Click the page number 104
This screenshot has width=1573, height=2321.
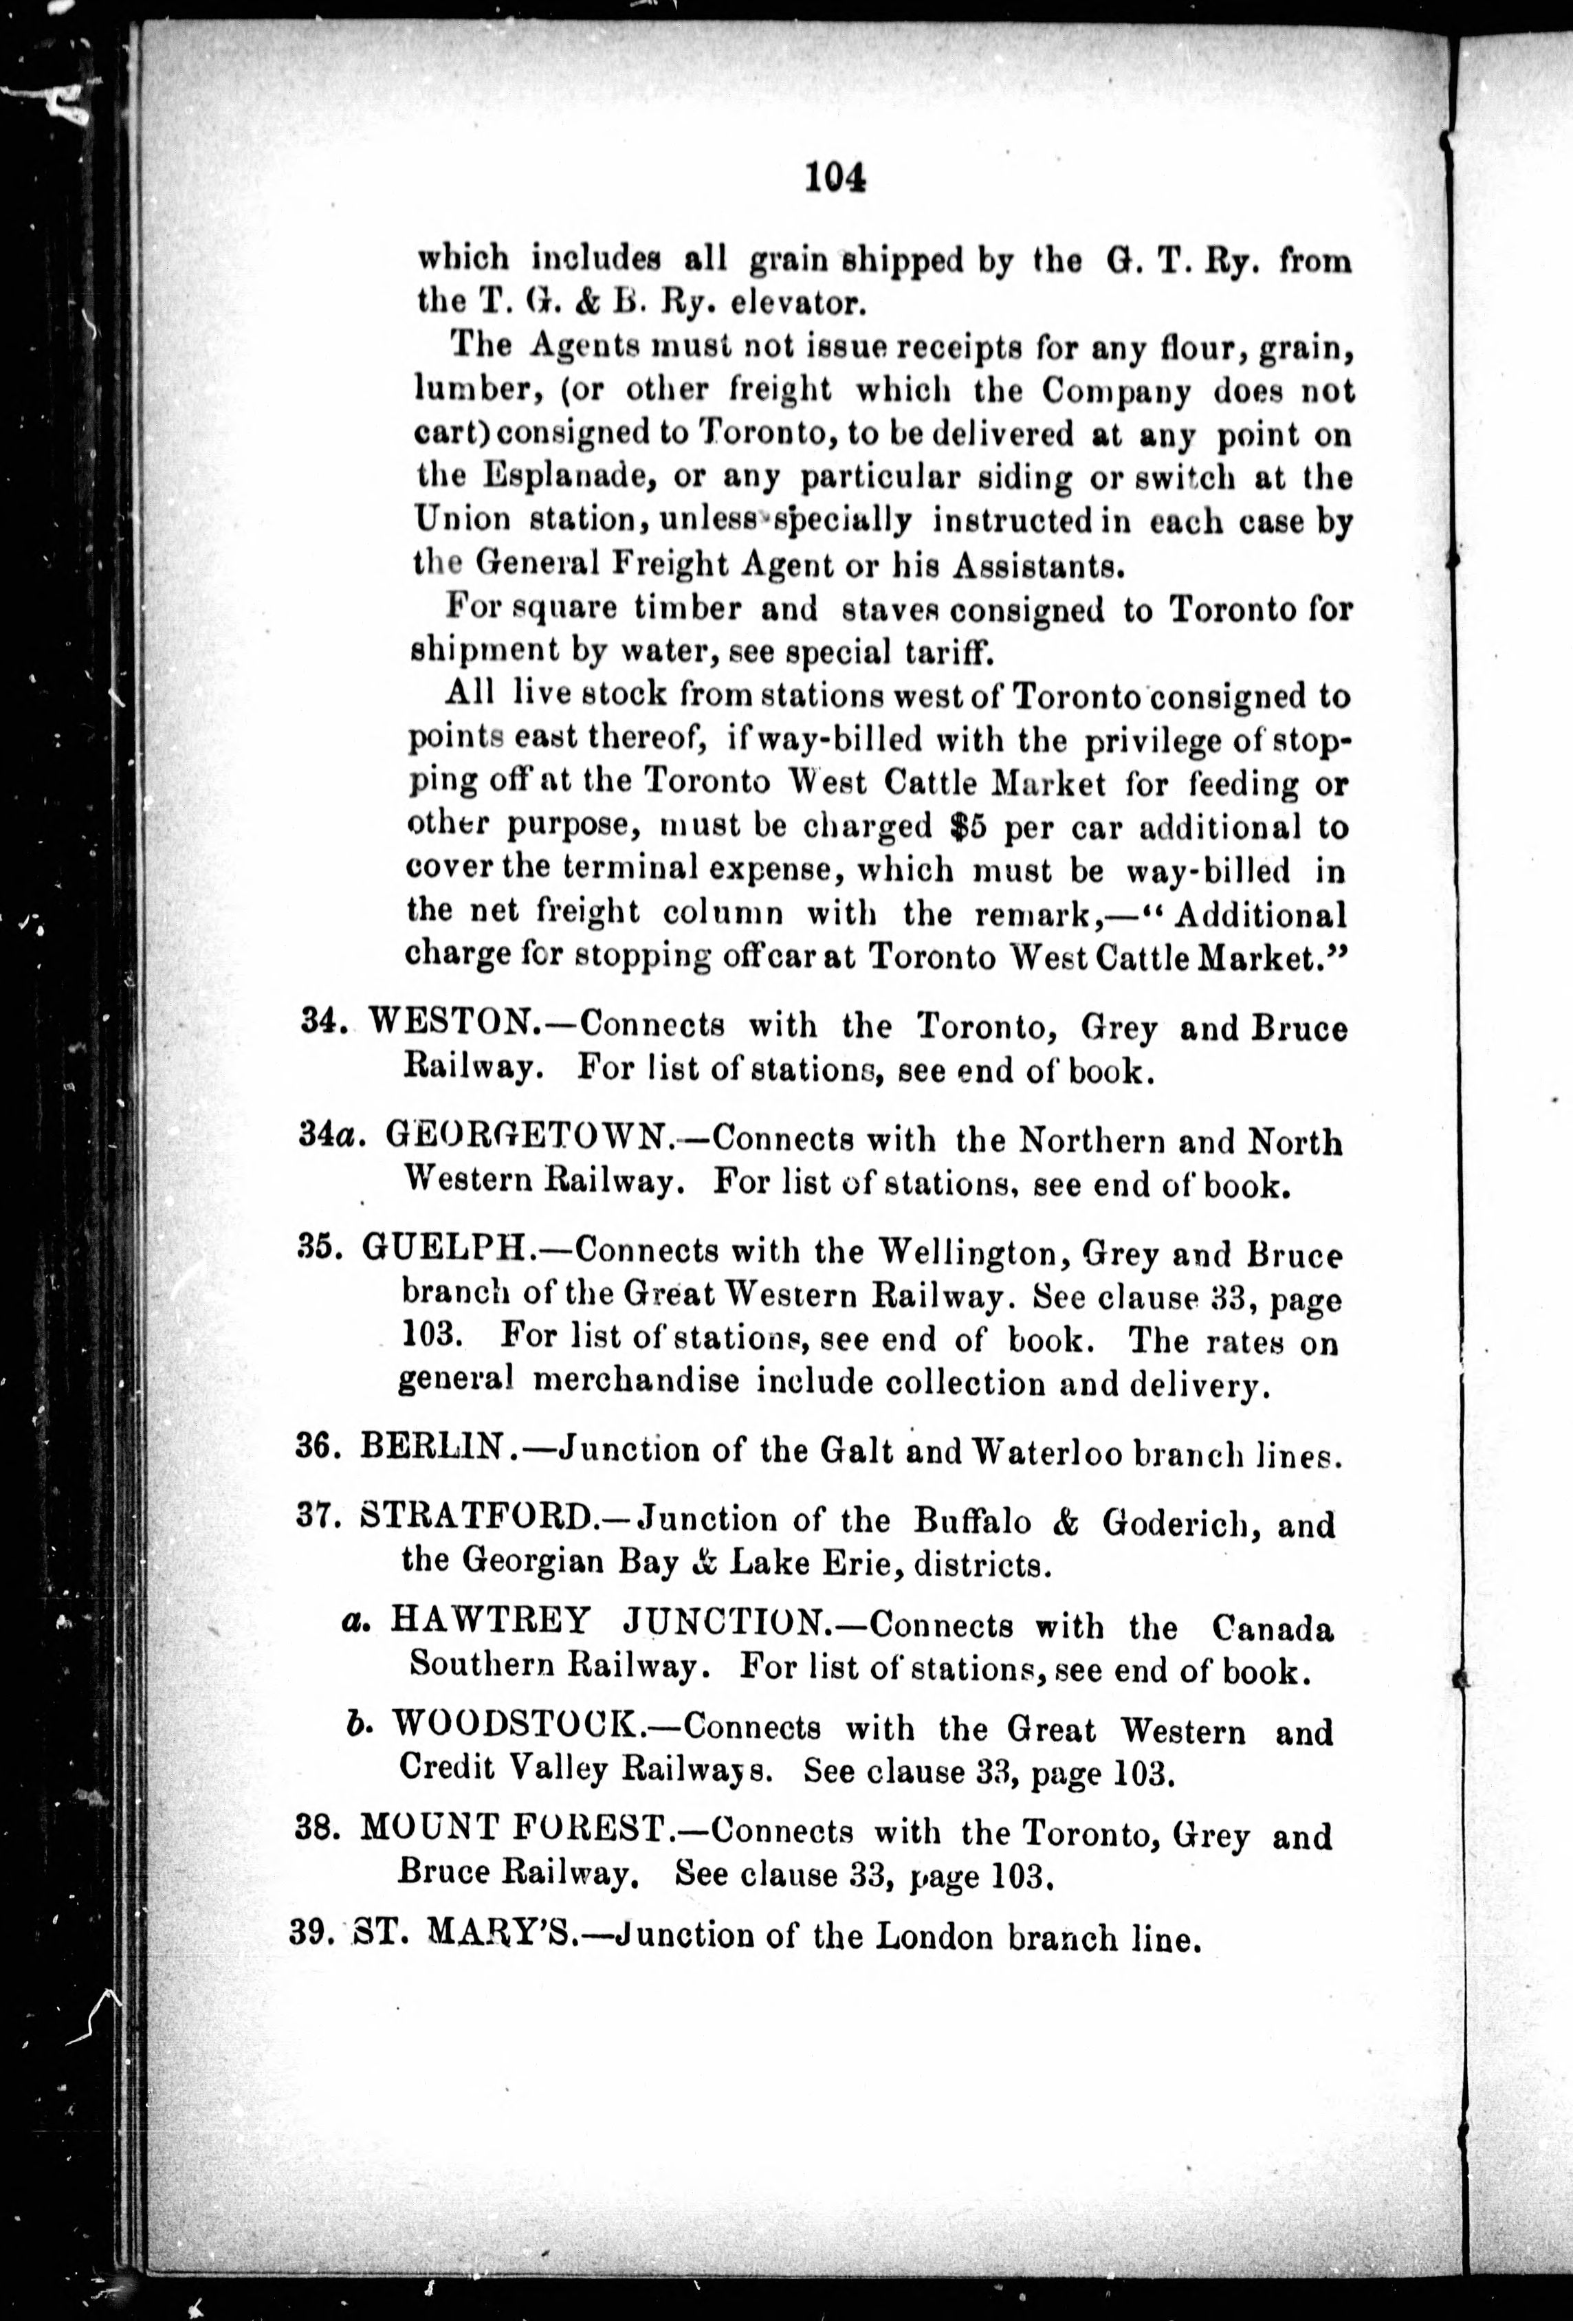(834, 178)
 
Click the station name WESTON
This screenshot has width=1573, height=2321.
(452, 1023)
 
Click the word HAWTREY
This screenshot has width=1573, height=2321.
(489, 1620)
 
